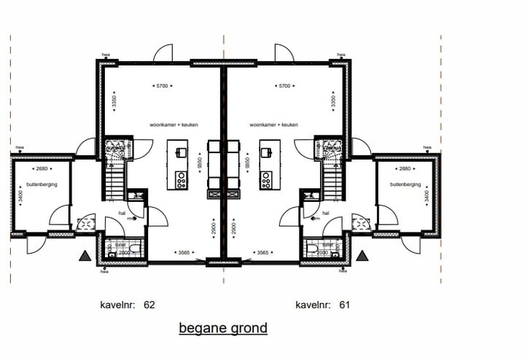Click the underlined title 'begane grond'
(x=223, y=328)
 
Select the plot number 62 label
(x=127, y=304)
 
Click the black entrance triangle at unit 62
(x=85, y=256)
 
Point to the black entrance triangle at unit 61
(x=362, y=256)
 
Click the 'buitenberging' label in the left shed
(x=41, y=184)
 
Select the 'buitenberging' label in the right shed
(x=406, y=184)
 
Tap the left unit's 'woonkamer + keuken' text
(x=174, y=125)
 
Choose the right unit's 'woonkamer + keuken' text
(x=273, y=125)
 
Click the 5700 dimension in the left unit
(x=162, y=86)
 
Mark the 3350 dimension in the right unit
(x=333, y=101)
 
